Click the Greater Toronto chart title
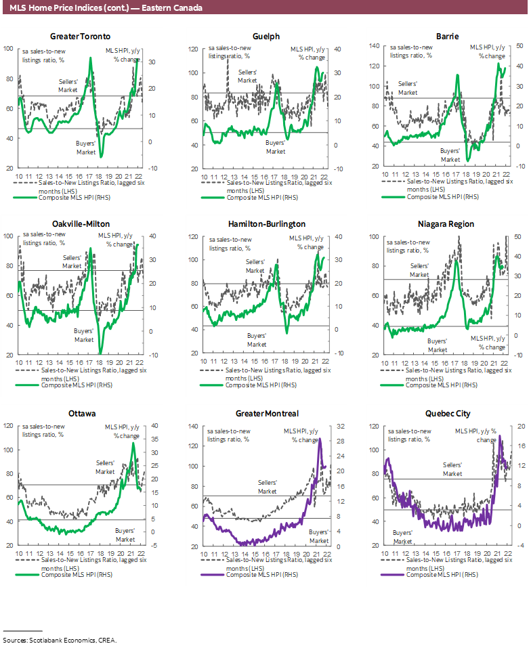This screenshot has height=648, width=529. [81, 36]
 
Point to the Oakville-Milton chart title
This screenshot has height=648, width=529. [81, 223]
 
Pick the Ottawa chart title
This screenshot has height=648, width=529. [81, 413]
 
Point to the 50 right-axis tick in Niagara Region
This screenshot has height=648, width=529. [517, 236]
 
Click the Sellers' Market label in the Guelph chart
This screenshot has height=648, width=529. [247, 76]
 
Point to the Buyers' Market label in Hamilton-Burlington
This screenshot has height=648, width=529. [257, 339]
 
